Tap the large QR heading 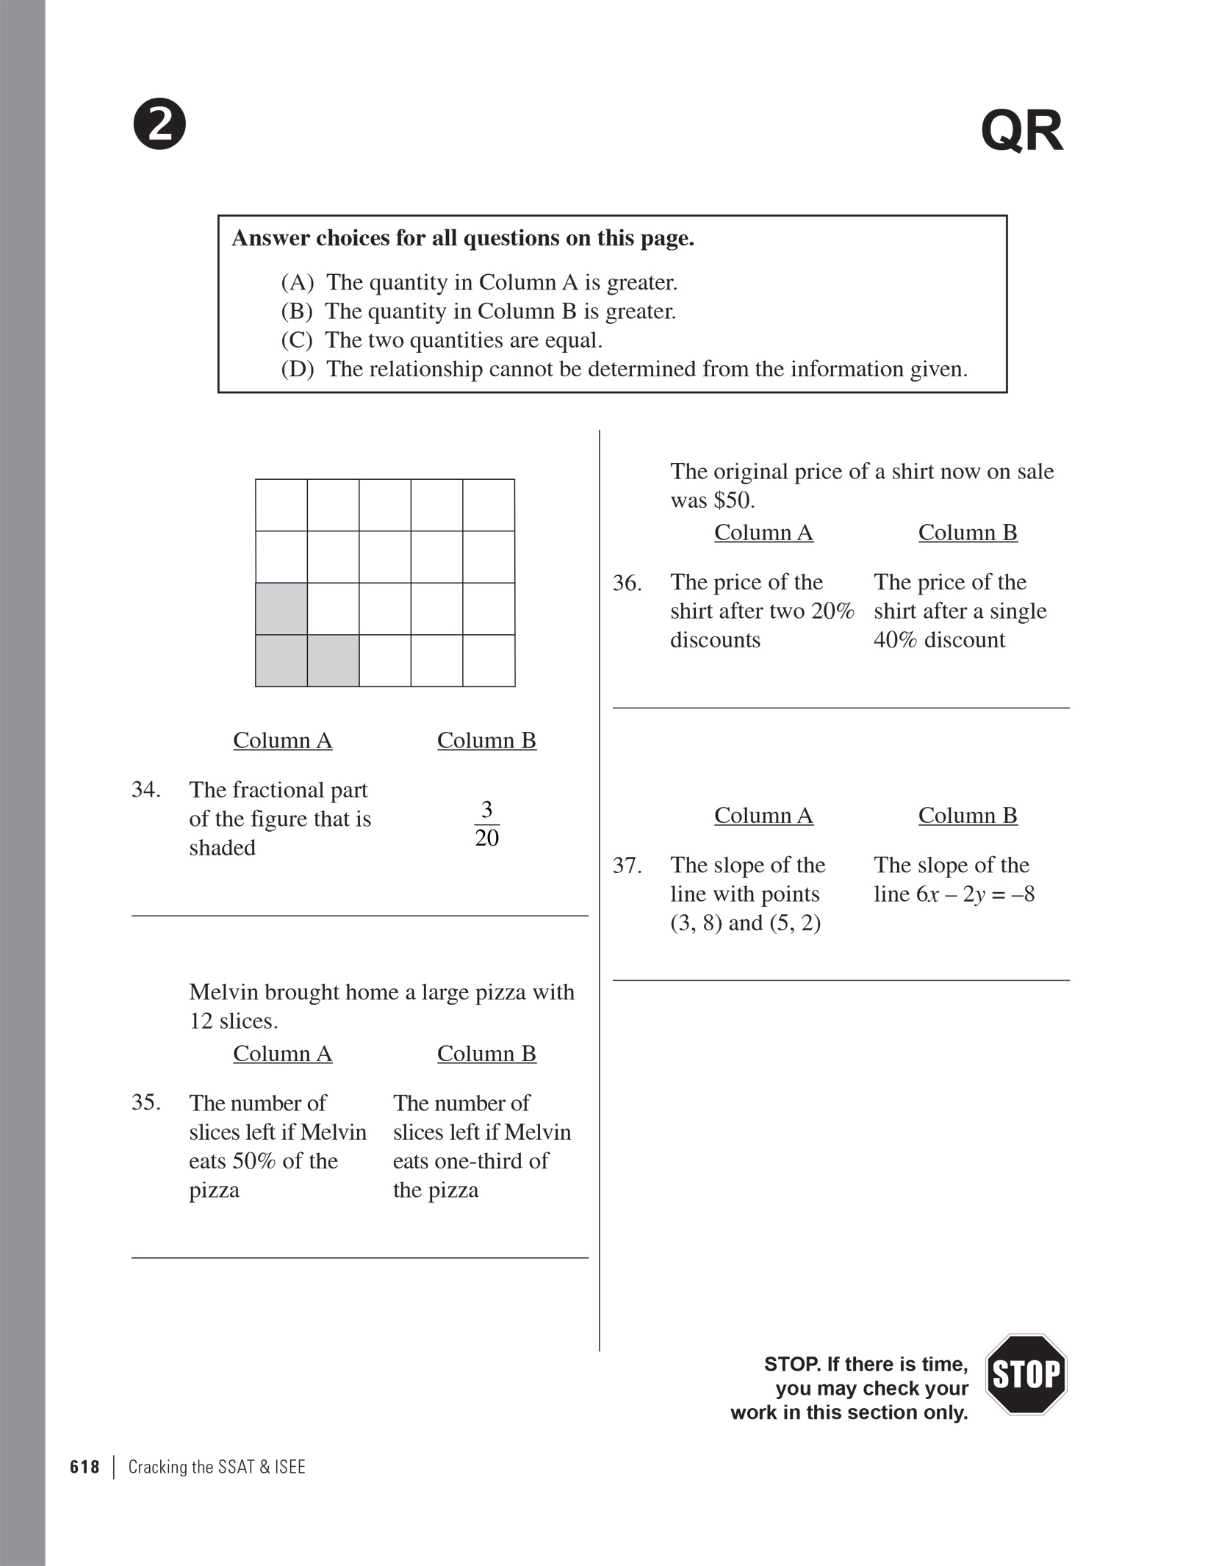pyautogui.click(x=1021, y=132)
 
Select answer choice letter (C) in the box pyautogui.click(x=297, y=340)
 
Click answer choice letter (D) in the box pyautogui.click(x=298, y=369)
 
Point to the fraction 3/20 pyautogui.click(x=486, y=824)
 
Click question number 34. pyautogui.click(x=145, y=790)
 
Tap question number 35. pyautogui.click(x=145, y=1102)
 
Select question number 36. pyautogui.click(x=627, y=583)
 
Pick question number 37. pyautogui.click(x=627, y=866)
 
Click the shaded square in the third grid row pyautogui.click(x=281, y=608)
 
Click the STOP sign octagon pyautogui.click(x=1025, y=1374)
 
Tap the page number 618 pyautogui.click(x=84, y=1468)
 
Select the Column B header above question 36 pyautogui.click(x=967, y=532)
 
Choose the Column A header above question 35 pyautogui.click(x=282, y=1053)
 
